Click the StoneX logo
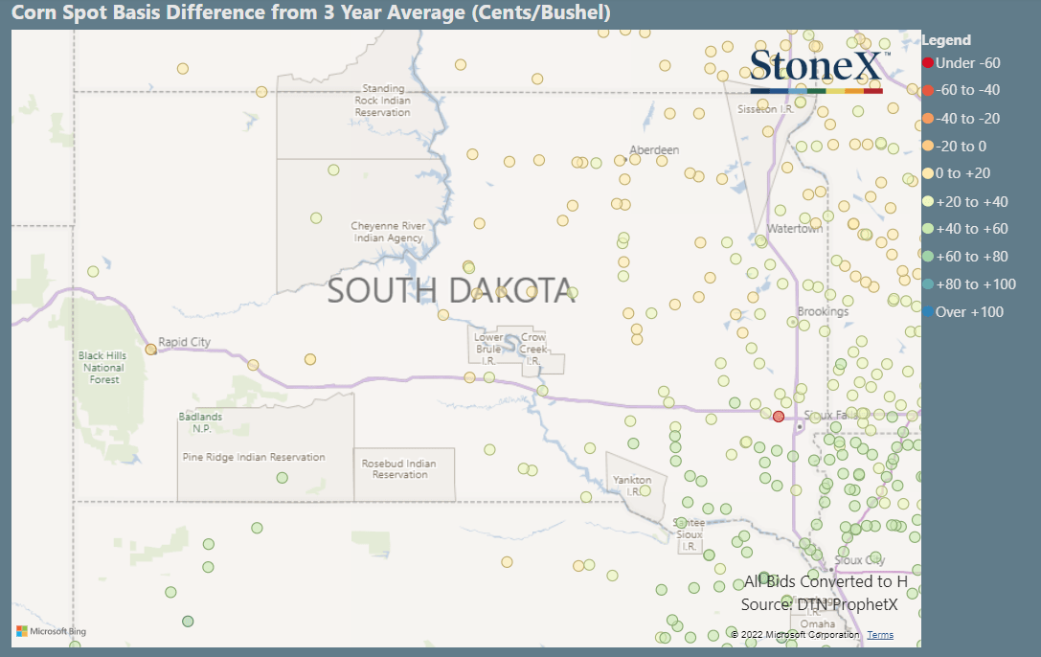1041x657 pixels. tap(816, 69)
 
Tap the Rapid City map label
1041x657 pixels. tap(184, 342)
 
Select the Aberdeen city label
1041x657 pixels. tap(654, 150)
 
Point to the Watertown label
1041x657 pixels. tap(795, 229)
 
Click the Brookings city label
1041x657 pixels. tap(823, 312)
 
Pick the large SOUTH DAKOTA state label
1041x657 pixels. tap(451, 290)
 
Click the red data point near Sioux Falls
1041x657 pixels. tap(779, 417)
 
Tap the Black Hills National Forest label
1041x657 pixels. tap(103, 368)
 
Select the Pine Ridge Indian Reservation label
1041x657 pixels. tap(254, 458)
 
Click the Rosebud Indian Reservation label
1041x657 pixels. tap(399, 469)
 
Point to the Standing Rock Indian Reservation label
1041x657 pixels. tap(382, 101)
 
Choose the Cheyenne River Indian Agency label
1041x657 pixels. tap(387, 232)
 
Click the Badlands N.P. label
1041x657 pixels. tap(201, 422)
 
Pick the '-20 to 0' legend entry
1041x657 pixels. tap(961, 147)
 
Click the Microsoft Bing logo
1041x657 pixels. tap(52, 632)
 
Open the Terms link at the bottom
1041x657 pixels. tap(880, 635)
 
